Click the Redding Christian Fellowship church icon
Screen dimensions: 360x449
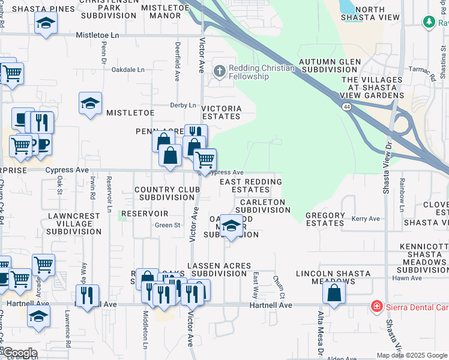click(220, 71)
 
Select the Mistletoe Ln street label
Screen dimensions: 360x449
click(97, 36)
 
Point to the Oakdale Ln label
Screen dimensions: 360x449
click(128, 70)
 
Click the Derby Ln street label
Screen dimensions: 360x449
click(184, 105)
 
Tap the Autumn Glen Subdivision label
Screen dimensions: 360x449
click(330, 66)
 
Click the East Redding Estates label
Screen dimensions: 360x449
click(250, 185)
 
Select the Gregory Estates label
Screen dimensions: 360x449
click(325, 219)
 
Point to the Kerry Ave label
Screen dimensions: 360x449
click(367, 219)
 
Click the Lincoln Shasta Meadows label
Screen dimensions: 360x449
click(333, 278)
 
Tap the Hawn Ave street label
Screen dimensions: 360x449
click(407, 278)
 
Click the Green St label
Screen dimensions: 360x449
click(167, 226)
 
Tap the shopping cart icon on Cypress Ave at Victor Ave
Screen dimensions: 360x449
click(205, 160)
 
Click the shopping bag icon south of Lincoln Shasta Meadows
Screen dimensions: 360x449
click(334, 293)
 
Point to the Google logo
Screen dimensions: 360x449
click(20, 353)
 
